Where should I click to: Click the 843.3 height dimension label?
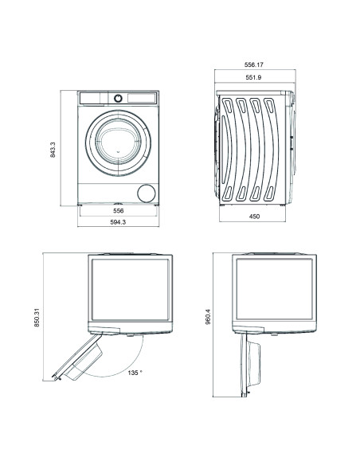coord(53,148)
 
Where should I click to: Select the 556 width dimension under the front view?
coord(118,210)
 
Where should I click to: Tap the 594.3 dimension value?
coord(118,224)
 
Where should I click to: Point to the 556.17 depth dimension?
coord(255,66)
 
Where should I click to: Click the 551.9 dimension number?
coord(255,79)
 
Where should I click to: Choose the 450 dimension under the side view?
coord(255,216)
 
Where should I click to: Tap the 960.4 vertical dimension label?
coord(208,319)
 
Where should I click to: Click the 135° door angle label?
coord(134,372)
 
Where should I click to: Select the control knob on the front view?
coord(118,97)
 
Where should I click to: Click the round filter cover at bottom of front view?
coord(145,193)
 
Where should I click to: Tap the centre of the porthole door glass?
coord(117,139)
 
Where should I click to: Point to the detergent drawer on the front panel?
coord(95,97)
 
